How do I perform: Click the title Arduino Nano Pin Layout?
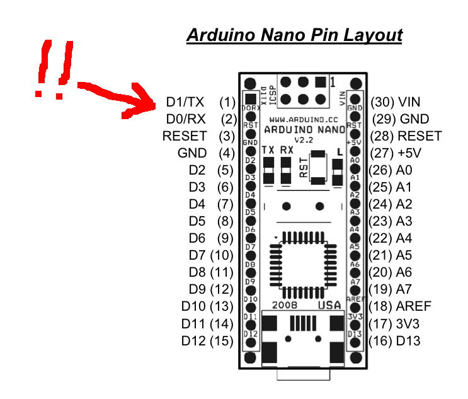(x=294, y=35)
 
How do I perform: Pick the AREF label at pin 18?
(x=414, y=306)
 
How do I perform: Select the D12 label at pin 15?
(x=193, y=341)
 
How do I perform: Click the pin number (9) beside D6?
(x=225, y=238)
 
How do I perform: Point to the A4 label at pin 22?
(x=404, y=238)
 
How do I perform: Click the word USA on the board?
(x=329, y=306)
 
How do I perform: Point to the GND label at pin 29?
(x=414, y=119)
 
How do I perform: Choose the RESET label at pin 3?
(x=185, y=136)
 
